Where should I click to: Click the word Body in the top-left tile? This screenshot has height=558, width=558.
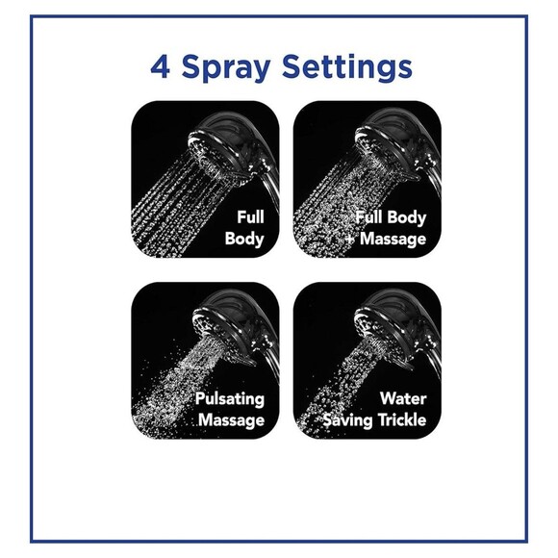point(244,239)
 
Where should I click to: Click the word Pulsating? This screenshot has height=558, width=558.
point(229,398)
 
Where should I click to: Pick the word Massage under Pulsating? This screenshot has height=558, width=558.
point(231,419)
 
